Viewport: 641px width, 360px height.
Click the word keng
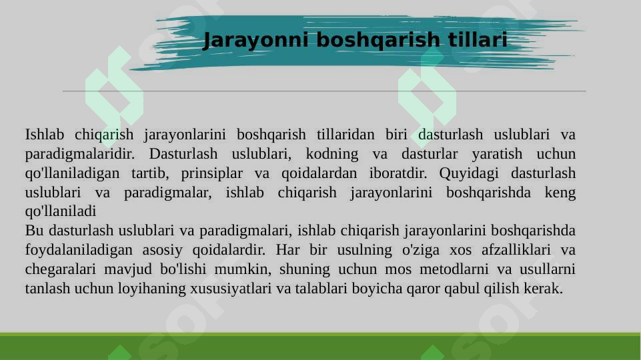(560, 193)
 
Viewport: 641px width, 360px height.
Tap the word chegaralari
(59, 270)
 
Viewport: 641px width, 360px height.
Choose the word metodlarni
(438, 270)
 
